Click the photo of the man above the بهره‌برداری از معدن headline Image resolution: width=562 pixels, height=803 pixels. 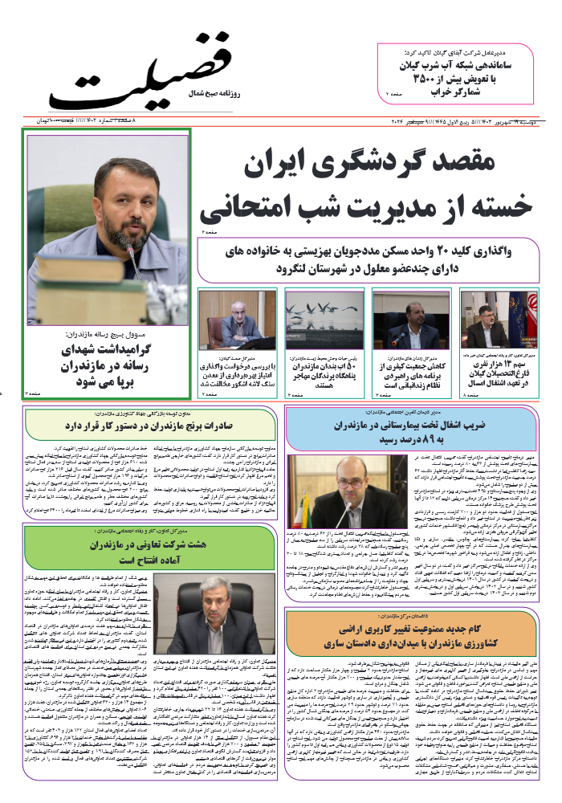click(237, 319)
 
